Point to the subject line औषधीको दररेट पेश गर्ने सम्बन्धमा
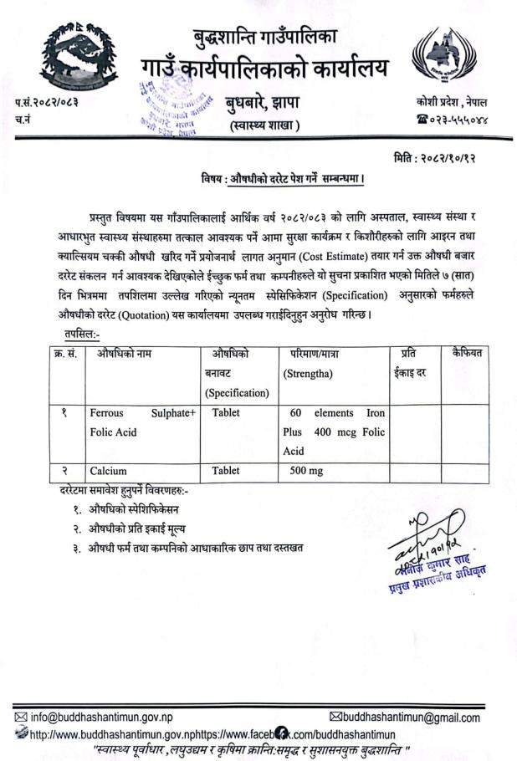284,179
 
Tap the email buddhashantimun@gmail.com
404,718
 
